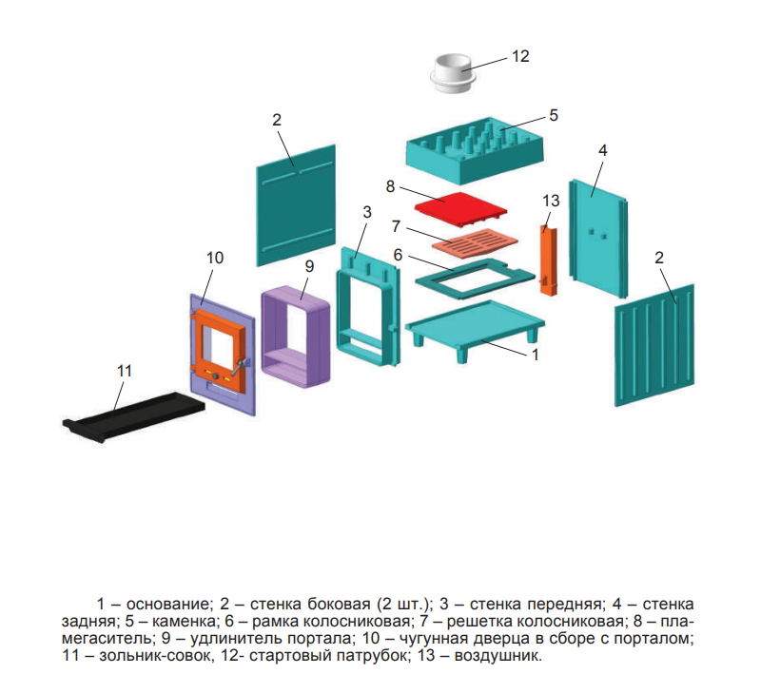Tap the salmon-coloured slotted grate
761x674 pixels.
click(475, 241)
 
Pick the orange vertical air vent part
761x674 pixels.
click(549, 260)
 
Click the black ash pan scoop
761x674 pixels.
click(133, 415)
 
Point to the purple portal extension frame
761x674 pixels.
click(296, 337)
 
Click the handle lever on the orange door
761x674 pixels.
click(239, 368)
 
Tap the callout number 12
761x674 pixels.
click(520, 56)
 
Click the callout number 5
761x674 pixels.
click(554, 115)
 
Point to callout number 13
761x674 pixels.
click(551, 201)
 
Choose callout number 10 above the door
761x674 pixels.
click(215, 258)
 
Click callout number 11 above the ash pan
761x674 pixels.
click(125, 371)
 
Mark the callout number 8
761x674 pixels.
click(390, 186)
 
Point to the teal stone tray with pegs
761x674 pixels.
click(475, 150)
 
